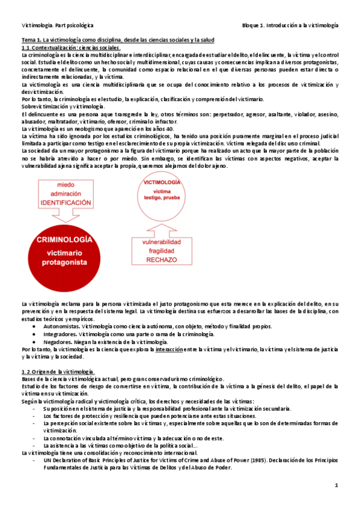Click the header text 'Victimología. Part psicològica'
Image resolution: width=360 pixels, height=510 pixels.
(53, 26)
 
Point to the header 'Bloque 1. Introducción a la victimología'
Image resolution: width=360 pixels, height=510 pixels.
(290, 26)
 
